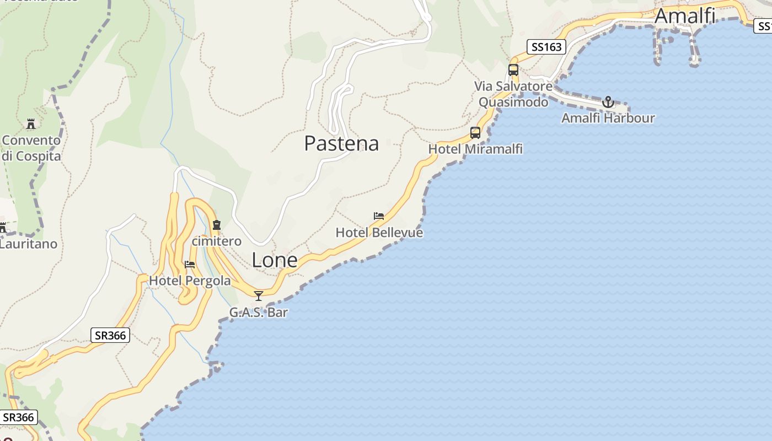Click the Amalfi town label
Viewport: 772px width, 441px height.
(685, 16)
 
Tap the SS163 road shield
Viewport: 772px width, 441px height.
(546, 47)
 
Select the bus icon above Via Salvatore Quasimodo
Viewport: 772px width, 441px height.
(513, 70)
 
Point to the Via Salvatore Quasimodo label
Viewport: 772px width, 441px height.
(513, 94)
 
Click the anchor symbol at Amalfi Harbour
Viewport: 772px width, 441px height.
(608, 102)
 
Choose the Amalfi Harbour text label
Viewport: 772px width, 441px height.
(608, 118)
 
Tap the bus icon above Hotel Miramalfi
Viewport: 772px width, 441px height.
(475, 133)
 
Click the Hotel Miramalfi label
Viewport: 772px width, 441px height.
(475, 149)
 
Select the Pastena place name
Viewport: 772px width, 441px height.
(341, 143)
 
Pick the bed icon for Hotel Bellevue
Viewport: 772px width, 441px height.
(379, 216)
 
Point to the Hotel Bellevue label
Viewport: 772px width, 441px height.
(379, 233)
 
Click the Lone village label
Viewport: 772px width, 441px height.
(275, 260)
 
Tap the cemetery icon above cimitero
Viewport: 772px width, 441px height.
(217, 225)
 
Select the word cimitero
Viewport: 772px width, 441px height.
(217, 241)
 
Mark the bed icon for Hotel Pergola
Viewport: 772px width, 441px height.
(190, 265)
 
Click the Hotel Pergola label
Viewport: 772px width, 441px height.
(190, 281)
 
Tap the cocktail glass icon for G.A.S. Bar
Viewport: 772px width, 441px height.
(258, 296)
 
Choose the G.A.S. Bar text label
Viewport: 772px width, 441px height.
(259, 313)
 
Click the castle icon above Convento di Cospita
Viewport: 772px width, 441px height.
(31, 123)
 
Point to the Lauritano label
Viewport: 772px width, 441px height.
(28, 244)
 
